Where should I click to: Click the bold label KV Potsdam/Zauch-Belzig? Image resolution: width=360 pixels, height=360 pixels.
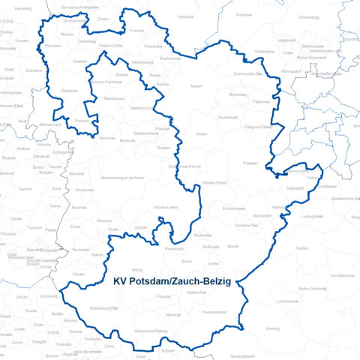(172, 283)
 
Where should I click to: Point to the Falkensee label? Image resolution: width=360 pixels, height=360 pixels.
(262, 101)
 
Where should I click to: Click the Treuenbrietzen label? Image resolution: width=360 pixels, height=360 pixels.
(214, 311)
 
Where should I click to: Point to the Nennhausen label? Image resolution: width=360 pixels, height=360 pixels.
(114, 99)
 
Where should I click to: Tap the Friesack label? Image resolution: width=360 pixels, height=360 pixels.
(137, 31)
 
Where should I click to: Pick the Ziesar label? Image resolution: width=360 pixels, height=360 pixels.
(74, 226)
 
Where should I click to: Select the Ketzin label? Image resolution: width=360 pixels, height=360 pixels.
(201, 133)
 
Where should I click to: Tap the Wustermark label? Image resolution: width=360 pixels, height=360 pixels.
(228, 118)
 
